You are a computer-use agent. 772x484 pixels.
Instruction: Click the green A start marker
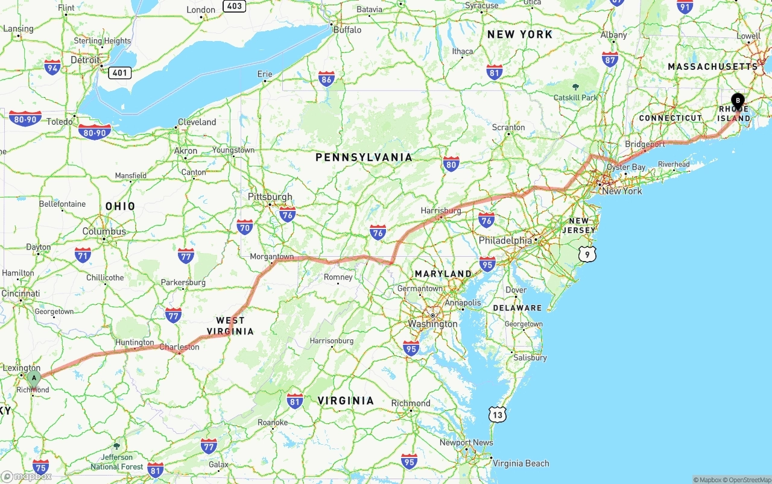34,379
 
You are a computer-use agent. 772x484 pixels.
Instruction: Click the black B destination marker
738,101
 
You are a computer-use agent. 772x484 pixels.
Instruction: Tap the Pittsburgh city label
270,196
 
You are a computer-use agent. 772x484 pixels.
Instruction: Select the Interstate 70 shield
245,227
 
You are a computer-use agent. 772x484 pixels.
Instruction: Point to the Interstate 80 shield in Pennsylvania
451,163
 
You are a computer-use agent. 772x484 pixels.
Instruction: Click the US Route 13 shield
497,414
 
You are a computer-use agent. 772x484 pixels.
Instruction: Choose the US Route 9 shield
587,254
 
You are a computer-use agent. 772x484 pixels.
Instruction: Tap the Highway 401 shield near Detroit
120,72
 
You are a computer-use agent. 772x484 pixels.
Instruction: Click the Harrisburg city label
441,211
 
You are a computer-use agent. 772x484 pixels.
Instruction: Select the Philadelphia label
505,240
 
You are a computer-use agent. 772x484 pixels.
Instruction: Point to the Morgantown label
271,257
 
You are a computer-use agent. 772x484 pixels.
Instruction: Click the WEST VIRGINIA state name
230,325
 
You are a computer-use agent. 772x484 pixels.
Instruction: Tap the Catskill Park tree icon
575,87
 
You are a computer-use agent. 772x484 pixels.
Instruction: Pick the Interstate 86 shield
326,78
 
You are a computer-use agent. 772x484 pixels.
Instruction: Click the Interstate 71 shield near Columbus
83,254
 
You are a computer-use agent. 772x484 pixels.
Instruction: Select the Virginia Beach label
521,464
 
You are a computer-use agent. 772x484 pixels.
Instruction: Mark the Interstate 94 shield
52,67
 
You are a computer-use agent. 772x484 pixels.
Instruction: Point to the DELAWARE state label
517,308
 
